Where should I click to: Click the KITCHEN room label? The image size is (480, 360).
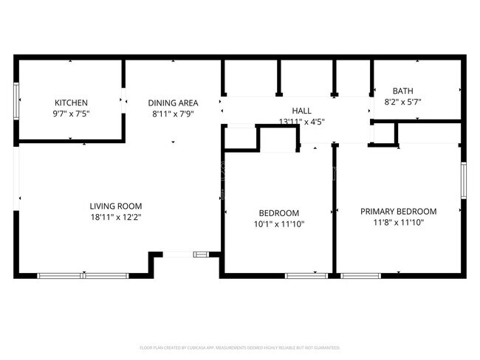point(71,103)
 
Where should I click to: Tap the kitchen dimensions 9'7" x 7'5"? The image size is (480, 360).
point(71,114)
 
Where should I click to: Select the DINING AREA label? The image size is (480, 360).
point(172,103)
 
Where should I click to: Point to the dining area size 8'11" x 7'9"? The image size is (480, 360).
point(172,114)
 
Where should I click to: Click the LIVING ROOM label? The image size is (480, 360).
point(115,206)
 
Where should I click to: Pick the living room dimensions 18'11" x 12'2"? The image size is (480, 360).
point(115,217)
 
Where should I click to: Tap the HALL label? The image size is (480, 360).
point(301,110)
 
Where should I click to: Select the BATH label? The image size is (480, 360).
point(402,91)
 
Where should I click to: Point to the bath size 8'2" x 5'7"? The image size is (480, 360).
point(402,102)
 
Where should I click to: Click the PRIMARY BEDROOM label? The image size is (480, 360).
point(398,211)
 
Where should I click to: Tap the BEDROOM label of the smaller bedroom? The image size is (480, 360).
point(278,212)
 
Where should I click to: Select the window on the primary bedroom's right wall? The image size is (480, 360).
point(464,180)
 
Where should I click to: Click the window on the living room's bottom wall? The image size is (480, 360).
point(83,275)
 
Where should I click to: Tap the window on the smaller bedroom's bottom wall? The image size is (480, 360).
point(306,275)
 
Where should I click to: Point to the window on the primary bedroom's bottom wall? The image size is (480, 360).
point(360,275)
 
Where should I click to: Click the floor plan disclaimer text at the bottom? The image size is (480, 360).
point(240,347)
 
